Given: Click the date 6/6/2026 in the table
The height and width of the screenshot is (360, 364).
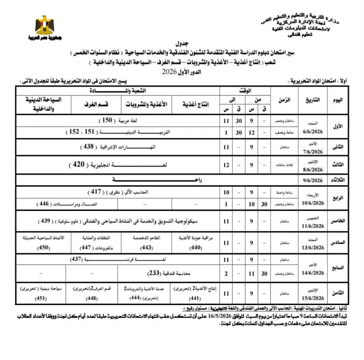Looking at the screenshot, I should pyautogui.click(x=313, y=128).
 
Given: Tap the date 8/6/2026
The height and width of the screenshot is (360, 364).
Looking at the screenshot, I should pyautogui.click(x=313, y=171).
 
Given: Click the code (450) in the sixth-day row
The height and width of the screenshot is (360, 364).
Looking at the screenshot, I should pyautogui.click(x=43, y=247).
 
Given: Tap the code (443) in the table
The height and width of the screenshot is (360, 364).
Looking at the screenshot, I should pyautogui.click(x=144, y=247).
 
